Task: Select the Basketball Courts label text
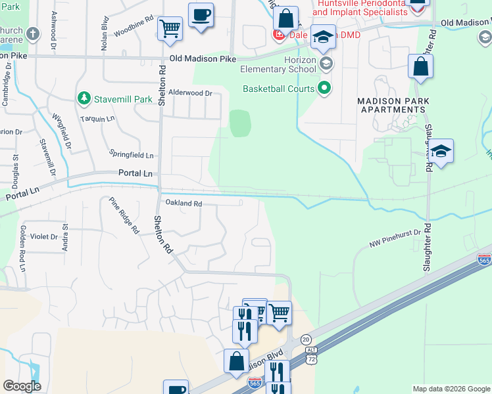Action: coord(279,89)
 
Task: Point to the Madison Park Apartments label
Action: coord(393,105)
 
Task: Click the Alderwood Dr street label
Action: coord(190,93)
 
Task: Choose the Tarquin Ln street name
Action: coord(97,119)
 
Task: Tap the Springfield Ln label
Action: coord(132,156)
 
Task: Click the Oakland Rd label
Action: coord(183,204)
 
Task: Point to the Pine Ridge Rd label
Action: coord(124,215)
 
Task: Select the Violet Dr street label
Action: coord(44,236)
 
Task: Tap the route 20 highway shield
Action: coord(306,339)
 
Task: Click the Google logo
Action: coord(22,385)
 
